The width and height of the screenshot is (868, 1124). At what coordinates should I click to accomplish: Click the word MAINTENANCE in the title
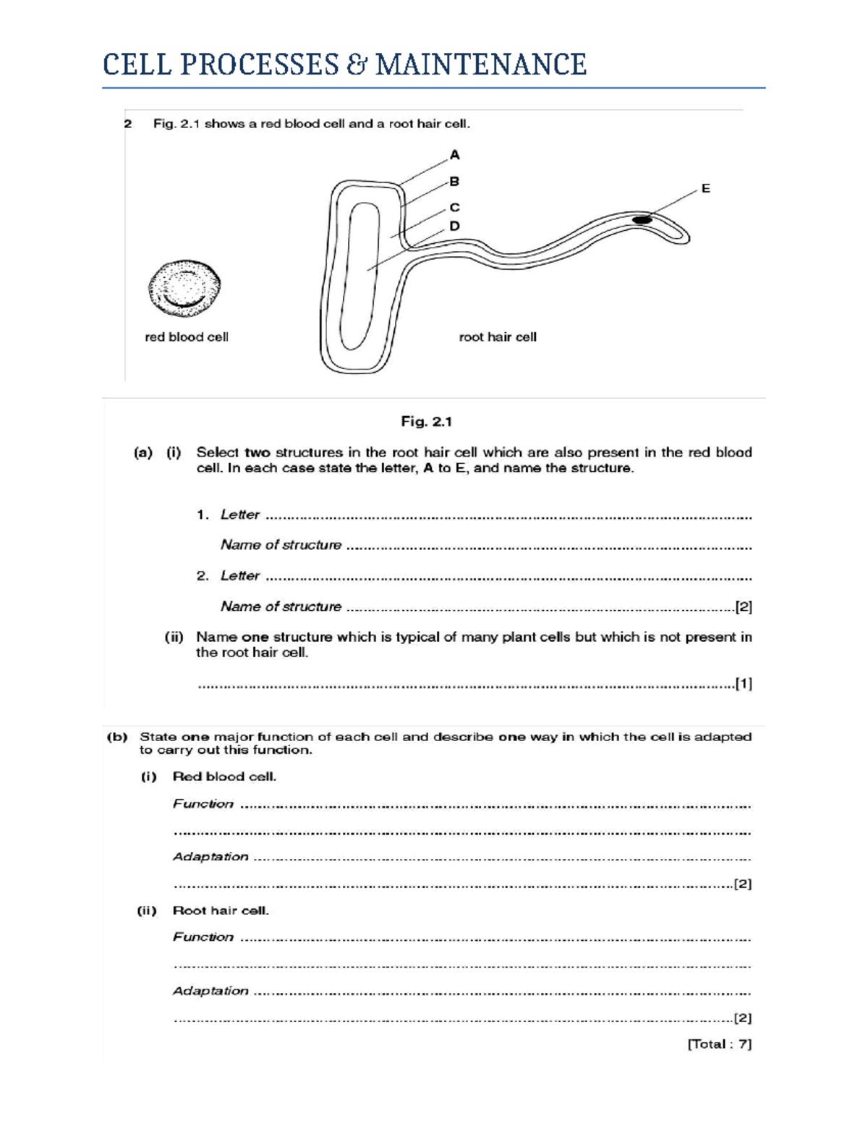(480, 64)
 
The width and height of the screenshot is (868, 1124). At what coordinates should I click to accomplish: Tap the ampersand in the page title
(355, 64)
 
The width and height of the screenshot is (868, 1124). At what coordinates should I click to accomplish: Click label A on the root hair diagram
(454, 155)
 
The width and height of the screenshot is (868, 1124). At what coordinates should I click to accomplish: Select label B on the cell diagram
(454, 181)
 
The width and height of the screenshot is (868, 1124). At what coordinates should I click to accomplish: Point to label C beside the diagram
(454, 207)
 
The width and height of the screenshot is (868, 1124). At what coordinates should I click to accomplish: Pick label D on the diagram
(454, 226)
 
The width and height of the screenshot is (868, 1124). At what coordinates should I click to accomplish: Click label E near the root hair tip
(705, 188)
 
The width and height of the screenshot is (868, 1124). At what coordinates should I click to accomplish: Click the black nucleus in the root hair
(642, 219)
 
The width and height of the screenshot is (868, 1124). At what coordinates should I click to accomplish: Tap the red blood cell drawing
(184, 288)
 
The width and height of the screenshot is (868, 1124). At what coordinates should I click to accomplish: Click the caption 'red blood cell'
(187, 337)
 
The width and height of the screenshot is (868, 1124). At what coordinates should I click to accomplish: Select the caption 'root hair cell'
(498, 337)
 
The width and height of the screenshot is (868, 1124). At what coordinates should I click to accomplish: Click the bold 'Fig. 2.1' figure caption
(427, 421)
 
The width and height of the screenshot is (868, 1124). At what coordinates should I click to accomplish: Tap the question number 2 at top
(128, 124)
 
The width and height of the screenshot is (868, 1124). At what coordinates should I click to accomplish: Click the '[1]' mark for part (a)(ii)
(744, 683)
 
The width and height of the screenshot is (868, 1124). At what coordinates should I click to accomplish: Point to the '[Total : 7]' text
(719, 1044)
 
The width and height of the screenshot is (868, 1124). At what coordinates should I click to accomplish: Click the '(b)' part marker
(117, 738)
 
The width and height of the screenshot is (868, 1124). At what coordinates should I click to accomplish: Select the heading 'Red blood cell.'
(224, 777)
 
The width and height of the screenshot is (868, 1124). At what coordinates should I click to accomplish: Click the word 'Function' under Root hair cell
(203, 937)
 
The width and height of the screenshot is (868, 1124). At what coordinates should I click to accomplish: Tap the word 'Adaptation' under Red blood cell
(210, 857)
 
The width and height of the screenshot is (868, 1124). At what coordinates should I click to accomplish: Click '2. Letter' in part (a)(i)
(228, 575)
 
